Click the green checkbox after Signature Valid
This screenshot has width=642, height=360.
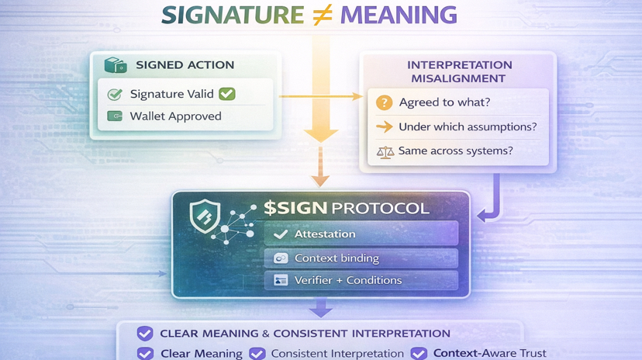click(226, 94)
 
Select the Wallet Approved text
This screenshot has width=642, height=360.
click(175, 116)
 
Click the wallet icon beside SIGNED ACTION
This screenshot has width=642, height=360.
click(115, 65)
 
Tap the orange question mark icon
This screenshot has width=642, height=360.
click(383, 103)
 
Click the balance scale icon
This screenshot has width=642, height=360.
click(384, 151)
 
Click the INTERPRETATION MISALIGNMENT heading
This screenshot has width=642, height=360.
click(460, 71)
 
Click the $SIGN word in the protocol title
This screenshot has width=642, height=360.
click(295, 208)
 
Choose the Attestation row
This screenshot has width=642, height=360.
click(361, 234)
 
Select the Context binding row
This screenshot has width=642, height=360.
click(361, 258)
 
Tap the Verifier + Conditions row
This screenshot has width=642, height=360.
click(361, 280)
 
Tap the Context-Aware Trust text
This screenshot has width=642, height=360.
click(489, 353)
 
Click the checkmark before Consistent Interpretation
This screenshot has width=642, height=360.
click(256, 353)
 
